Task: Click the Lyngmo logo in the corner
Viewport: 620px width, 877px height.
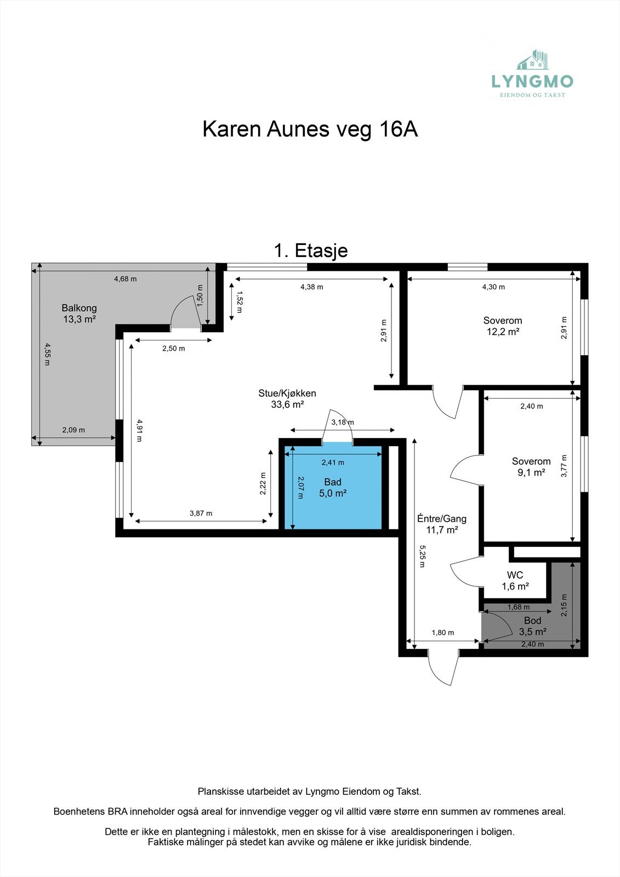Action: (x=532, y=75)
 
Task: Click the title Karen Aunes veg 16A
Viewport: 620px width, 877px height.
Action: (x=310, y=129)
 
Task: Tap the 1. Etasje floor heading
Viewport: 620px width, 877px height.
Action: (x=310, y=250)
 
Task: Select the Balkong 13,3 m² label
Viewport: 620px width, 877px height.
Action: (x=79, y=314)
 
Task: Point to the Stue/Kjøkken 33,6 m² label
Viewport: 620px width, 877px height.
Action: (x=287, y=398)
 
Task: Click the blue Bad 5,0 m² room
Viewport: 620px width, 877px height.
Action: (x=333, y=487)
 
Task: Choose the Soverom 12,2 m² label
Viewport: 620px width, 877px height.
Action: (x=502, y=326)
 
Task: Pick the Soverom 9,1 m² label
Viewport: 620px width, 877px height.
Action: (x=531, y=466)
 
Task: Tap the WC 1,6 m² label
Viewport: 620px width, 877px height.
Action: (x=515, y=580)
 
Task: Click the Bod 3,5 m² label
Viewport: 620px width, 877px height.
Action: (x=532, y=626)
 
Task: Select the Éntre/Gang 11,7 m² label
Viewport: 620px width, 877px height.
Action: (x=442, y=524)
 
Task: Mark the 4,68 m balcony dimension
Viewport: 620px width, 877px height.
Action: (x=125, y=278)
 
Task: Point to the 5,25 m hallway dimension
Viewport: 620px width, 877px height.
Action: (x=422, y=555)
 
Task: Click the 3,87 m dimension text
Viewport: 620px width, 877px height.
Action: (x=201, y=513)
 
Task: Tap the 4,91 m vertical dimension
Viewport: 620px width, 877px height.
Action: (x=139, y=430)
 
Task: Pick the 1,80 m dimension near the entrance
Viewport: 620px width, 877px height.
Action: (x=442, y=632)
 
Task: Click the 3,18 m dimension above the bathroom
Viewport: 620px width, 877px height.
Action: (x=342, y=422)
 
